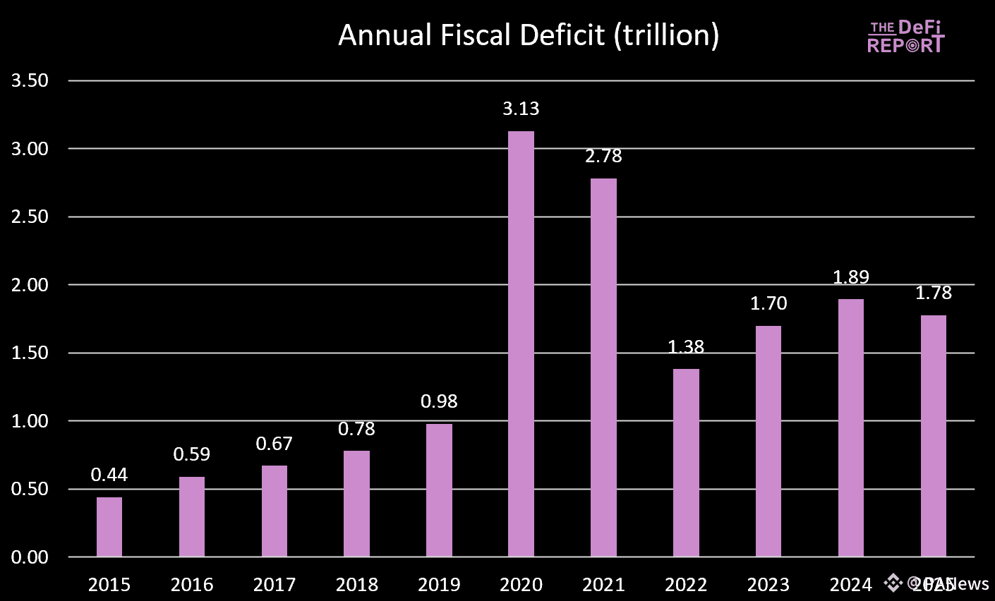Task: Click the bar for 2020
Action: pos(521,344)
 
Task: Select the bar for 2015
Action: pos(109,527)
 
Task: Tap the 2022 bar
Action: pos(686,463)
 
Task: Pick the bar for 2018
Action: pos(356,504)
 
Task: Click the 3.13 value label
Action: pos(521,109)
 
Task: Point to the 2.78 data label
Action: pos(603,156)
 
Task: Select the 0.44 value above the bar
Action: pos(109,475)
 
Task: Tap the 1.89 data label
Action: pos(851,277)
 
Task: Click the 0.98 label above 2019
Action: pos(439,401)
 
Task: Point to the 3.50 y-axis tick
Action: pos(30,80)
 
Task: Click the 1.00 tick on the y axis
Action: pos(30,421)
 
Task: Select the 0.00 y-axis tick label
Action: pos(30,557)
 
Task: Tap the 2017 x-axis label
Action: pos(275,585)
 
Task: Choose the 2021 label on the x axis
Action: pos(603,585)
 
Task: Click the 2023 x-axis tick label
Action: pos(768,585)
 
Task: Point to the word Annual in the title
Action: pos(385,35)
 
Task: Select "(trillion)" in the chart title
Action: pos(666,35)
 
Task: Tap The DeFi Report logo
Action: pos(905,37)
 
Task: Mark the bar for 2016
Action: pos(192,517)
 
